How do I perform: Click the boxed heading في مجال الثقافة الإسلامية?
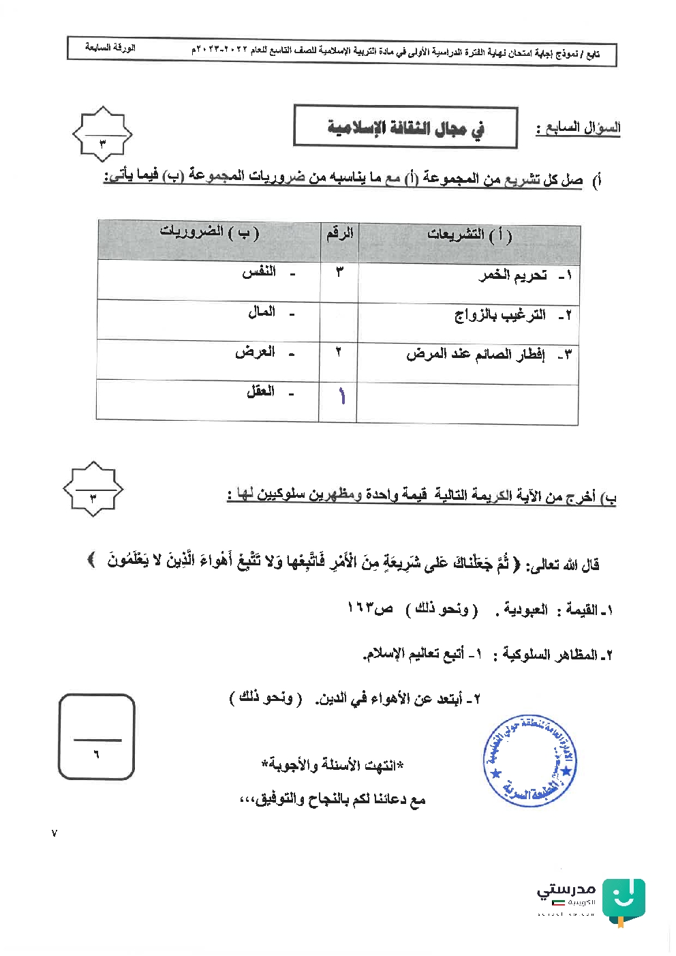405,127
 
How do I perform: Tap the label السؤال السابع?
578,128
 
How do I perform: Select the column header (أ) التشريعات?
470,235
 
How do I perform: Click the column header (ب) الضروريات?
209,232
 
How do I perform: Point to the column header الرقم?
339,233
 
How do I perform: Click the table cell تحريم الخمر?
512,275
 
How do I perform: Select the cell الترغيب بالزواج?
500,315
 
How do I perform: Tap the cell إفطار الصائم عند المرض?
476,355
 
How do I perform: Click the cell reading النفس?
259,271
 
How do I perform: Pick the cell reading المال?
262,312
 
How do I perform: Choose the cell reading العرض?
255,352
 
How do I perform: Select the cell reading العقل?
260,391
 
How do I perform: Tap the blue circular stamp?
529,761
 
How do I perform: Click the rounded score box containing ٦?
96,736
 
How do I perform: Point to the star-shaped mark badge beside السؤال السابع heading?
102,134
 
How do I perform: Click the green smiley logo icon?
623,900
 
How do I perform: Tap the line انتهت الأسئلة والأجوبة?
333,765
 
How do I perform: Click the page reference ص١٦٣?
370,608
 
